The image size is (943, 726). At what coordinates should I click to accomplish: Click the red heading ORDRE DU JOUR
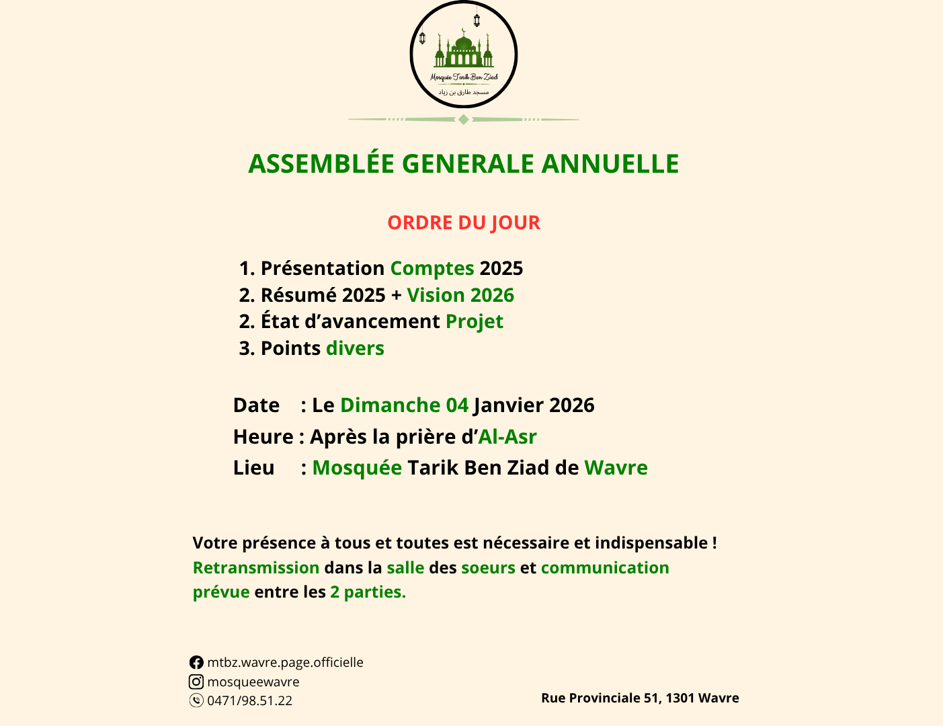(x=463, y=223)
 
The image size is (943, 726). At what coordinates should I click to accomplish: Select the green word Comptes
(x=432, y=268)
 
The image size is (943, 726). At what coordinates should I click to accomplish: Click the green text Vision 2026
(x=460, y=295)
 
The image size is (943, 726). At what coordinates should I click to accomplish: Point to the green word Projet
(x=475, y=321)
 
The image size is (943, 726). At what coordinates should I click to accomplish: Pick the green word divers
(x=355, y=348)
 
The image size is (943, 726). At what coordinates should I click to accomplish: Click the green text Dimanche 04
(x=404, y=405)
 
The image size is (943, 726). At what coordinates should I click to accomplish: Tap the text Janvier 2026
(x=534, y=405)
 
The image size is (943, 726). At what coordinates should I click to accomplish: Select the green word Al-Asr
(x=507, y=437)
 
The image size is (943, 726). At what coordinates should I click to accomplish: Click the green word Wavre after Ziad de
(x=616, y=468)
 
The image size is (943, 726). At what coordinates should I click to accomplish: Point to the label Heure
(x=263, y=437)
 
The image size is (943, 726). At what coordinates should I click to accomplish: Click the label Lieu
(x=253, y=468)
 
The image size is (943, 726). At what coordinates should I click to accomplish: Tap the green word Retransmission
(x=256, y=568)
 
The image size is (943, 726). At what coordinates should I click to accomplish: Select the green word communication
(x=605, y=568)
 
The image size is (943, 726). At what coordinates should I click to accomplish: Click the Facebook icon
(x=196, y=663)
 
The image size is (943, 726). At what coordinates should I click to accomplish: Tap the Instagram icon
(x=196, y=682)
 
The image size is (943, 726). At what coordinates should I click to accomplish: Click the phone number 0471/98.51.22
(x=249, y=700)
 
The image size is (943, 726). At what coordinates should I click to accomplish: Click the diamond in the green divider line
(x=463, y=120)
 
